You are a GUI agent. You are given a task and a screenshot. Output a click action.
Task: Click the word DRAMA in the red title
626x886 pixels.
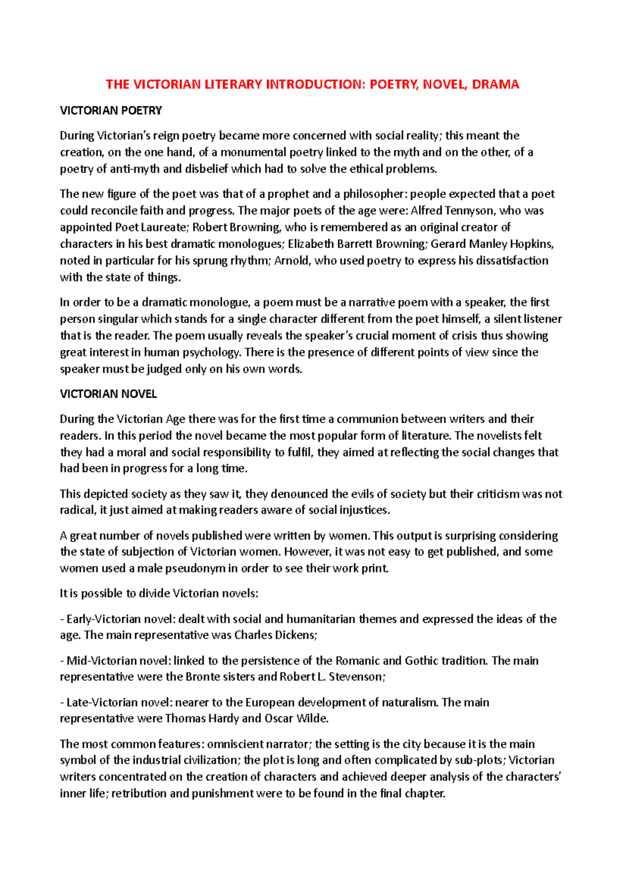point(495,85)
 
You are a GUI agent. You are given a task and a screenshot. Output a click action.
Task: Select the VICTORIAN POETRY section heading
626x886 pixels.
point(111,111)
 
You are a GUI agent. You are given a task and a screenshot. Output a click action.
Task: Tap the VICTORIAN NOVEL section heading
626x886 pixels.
point(108,394)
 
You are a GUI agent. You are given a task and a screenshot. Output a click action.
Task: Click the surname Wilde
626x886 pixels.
point(312,719)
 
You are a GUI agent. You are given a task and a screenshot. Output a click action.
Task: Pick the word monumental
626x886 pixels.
point(242,152)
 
